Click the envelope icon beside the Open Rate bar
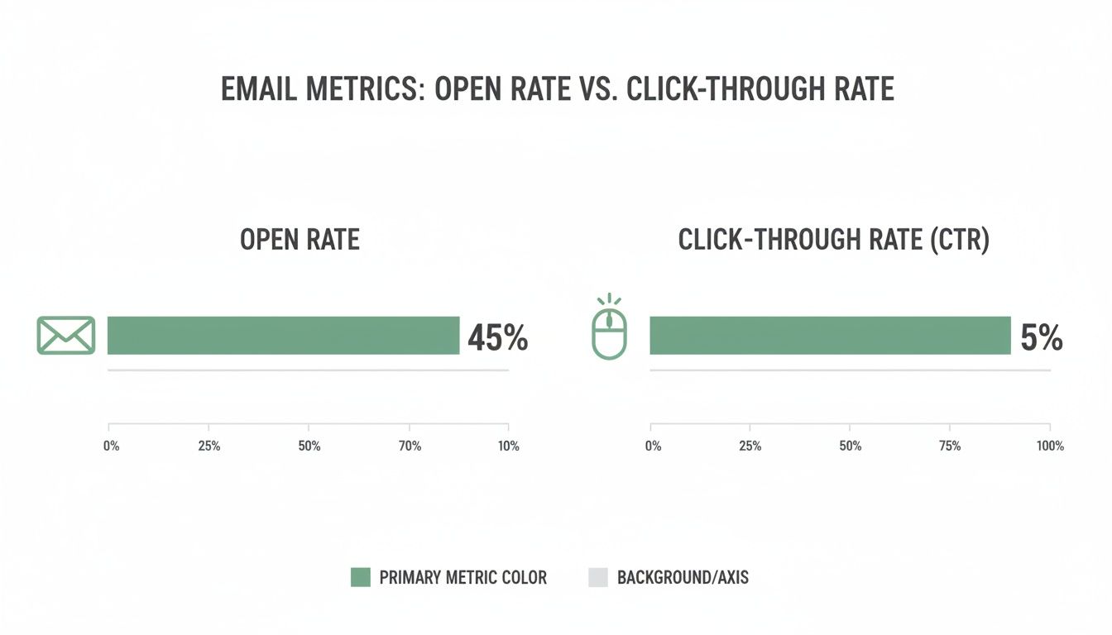tap(66, 335)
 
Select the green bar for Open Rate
tap(283, 335)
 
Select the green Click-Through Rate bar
tap(830, 335)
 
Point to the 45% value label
tap(497, 337)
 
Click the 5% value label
tap(1041, 337)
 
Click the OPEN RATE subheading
tap(300, 240)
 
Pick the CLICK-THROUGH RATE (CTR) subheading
tap(833, 240)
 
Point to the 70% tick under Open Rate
tap(410, 446)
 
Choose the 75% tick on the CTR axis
tap(950, 446)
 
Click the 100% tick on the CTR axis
tap(1049, 446)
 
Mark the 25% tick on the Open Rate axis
tap(208, 446)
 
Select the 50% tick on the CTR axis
tap(850, 446)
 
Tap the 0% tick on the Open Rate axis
tap(111, 446)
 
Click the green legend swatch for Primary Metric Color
tap(360, 577)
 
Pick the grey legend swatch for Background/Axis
tap(597, 577)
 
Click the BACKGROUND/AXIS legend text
tap(683, 577)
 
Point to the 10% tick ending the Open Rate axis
tap(508, 446)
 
